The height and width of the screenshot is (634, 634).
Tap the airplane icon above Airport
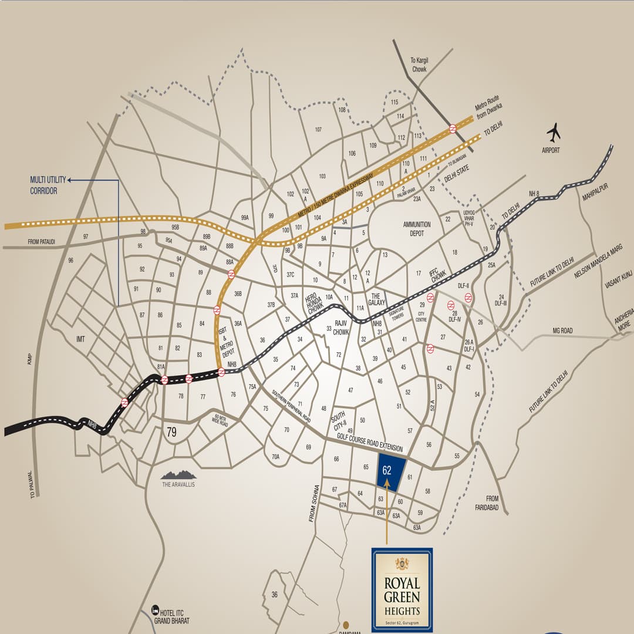553,133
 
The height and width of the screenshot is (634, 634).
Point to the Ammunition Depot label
417,228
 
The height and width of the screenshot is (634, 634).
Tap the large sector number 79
171,433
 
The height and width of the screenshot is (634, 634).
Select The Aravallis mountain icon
178,474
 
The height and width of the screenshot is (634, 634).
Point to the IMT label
81,339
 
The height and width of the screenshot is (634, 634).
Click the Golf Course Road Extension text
370,443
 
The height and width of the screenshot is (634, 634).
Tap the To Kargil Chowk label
419,65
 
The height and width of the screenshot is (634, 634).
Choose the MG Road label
562,331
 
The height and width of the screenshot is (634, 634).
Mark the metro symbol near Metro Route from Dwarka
453,128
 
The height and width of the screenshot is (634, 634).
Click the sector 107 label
318,130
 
